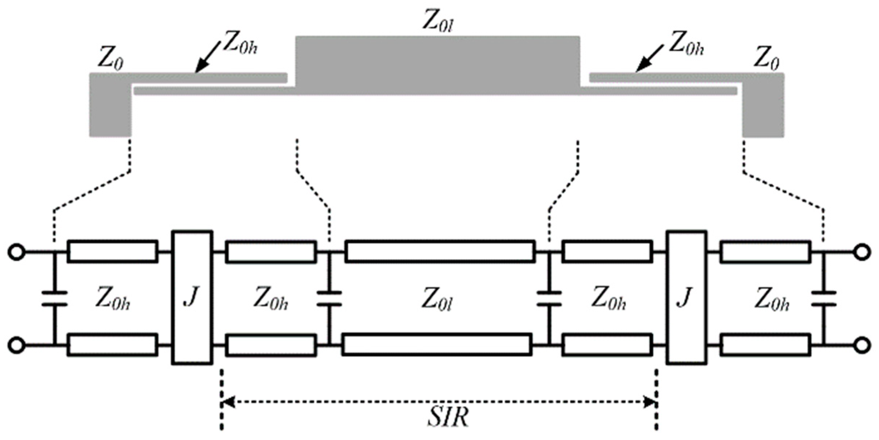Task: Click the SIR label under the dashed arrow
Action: (448, 417)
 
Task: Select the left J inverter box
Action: (192, 298)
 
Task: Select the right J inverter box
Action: (686, 298)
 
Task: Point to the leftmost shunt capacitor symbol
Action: (55, 298)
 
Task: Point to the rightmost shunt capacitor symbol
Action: (824, 298)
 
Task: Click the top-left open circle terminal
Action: (17, 252)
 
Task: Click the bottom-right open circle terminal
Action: (862, 345)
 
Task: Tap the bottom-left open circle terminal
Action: (17, 345)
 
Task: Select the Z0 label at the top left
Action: (110, 59)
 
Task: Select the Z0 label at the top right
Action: (766, 59)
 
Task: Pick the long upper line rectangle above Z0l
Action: (440, 251)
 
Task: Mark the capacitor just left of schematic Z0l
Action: (329, 298)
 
